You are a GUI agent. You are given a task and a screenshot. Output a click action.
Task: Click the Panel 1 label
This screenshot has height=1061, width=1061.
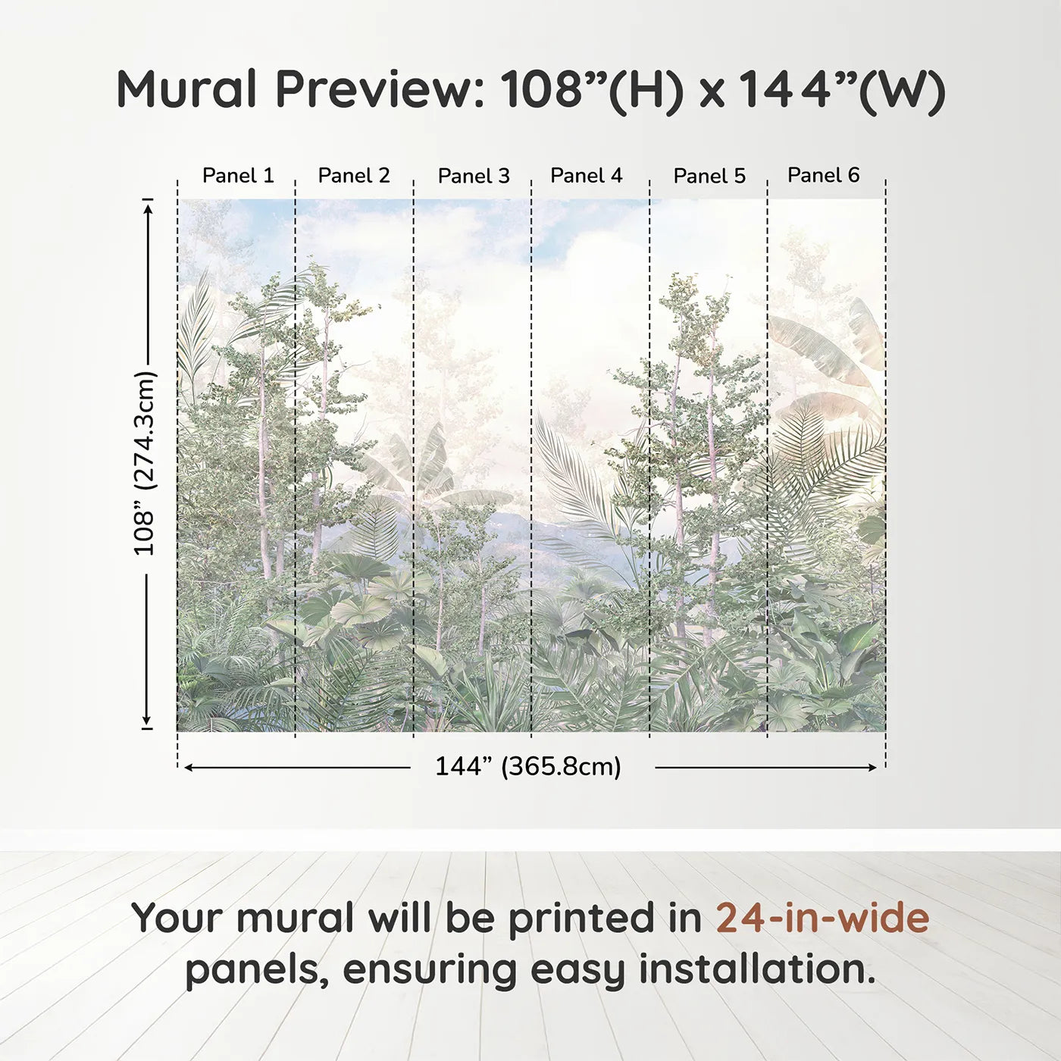click(x=238, y=175)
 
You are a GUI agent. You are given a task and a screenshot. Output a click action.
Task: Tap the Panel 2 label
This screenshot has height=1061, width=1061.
click(x=354, y=175)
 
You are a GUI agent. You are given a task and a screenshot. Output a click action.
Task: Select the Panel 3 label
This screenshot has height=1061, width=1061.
click(x=474, y=176)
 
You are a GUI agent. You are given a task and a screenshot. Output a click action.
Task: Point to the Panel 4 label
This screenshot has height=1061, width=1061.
click(x=586, y=175)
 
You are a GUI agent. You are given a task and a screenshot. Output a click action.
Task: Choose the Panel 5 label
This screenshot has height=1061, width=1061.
click(x=709, y=176)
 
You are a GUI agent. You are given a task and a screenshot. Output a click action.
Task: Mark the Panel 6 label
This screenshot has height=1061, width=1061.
click(x=823, y=175)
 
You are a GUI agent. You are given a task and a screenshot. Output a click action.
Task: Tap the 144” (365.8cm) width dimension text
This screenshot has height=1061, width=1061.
click(x=527, y=766)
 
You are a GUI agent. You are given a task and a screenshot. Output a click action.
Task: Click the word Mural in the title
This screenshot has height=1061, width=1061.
click(x=186, y=89)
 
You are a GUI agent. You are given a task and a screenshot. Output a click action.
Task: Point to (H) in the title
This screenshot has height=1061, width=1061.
click(x=646, y=90)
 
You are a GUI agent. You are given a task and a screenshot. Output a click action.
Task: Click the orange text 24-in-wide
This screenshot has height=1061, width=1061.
click(x=822, y=918)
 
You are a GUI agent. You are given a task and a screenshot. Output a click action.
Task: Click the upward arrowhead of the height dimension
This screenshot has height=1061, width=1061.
click(x=148, y=205)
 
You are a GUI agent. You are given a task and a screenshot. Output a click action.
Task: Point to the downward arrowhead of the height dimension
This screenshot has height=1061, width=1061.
click(x=148, y=722)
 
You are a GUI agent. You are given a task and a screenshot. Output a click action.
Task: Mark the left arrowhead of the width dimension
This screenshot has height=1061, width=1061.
click(x=189, y=768)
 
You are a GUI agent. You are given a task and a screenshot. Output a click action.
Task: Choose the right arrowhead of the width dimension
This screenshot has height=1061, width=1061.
click(x=872, y=768)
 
